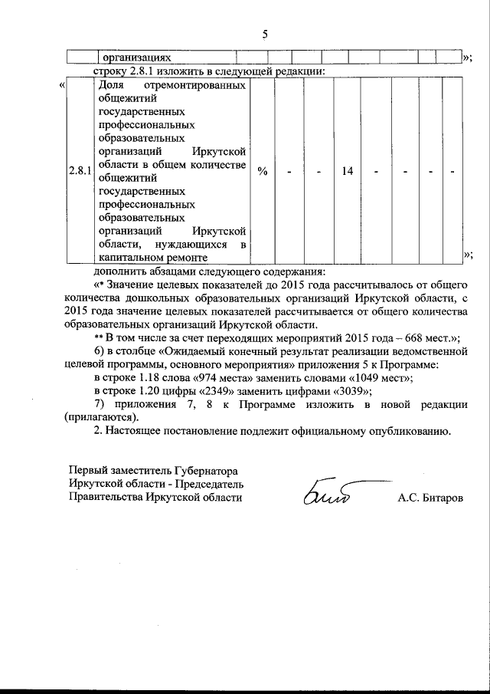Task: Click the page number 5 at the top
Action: (265, 34)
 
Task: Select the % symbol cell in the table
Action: (263, 171)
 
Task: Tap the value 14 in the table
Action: (347, 171)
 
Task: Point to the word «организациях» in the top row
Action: (135, 57)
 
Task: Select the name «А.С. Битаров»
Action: (430, 498)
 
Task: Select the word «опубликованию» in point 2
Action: (406, 431)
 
